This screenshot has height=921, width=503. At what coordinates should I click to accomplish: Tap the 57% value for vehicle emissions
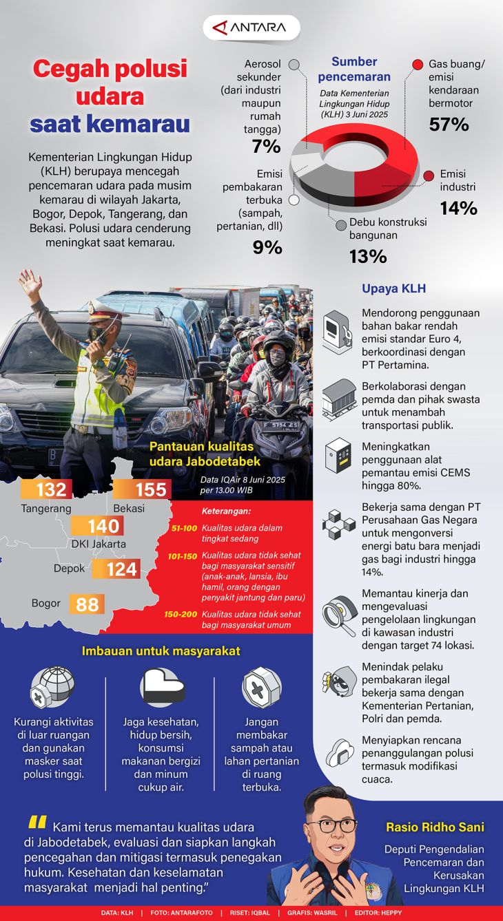[449, 124]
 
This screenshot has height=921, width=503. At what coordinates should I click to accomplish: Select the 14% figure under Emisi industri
[459, 208]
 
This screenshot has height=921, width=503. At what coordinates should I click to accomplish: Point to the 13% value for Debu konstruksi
[368, 256]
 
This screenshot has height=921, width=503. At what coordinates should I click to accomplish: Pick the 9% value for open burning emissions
[267, 247]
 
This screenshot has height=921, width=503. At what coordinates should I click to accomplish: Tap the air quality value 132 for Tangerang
[51, 489]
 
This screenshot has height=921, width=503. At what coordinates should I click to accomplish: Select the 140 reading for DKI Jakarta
[103, 527]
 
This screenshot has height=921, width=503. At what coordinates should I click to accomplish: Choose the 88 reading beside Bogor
[87, 604]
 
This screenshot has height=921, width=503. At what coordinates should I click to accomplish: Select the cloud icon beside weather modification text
[339, 752]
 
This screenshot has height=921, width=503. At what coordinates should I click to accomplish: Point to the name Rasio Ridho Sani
[444, 827]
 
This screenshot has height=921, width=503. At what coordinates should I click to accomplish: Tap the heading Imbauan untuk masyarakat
[161, 650]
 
